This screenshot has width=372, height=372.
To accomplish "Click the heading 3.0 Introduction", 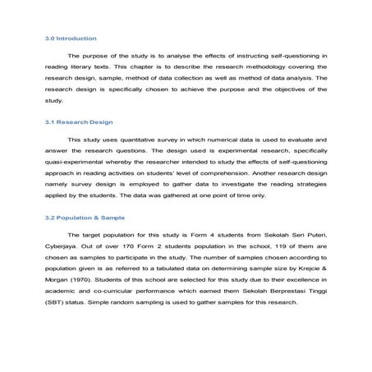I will click(68, 38).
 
